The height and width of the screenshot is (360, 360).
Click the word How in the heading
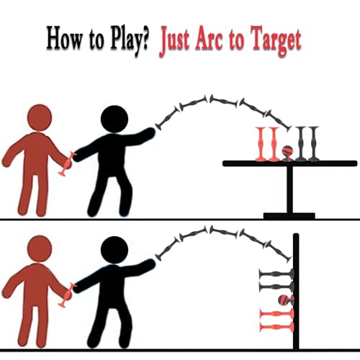(x=64, y=38)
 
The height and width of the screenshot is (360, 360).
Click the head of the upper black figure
(x=114, y=119)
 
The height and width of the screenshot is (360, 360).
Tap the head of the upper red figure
(x=40, y=117)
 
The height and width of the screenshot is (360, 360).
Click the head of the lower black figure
(x=114, y=250)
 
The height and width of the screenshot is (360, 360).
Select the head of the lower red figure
(x=40, y=248)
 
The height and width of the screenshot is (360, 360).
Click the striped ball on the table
(x=287, y=152)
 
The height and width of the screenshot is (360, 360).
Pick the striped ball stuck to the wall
(x=286, y=300)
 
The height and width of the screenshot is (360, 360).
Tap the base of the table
(x=289, y=216)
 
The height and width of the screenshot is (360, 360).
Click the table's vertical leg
(x=290, y=189)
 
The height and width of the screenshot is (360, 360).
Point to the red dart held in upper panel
(x=66, y=163)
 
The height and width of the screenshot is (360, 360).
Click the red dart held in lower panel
(x=66, y=295)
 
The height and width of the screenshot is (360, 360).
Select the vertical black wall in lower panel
(x=296, y=292)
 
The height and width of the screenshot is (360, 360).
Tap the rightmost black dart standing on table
(x=313, y=143)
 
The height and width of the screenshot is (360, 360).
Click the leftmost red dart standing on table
(x=261, y=143)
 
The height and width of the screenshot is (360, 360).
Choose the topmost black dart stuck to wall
(x=276, y=274)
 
